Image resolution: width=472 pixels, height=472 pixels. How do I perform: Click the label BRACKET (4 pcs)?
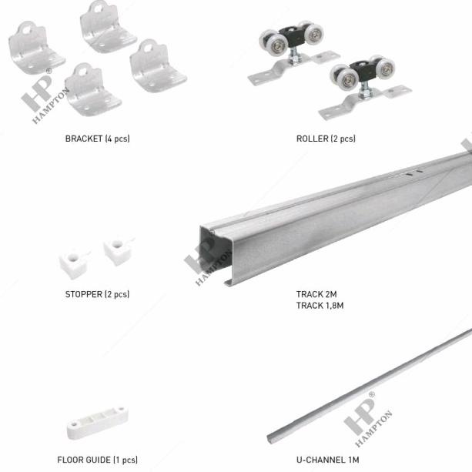97,139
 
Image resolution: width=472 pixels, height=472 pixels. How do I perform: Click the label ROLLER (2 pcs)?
326,139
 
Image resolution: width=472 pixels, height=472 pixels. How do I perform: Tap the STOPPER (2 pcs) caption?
97,294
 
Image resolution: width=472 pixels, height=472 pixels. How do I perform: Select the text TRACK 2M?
316,294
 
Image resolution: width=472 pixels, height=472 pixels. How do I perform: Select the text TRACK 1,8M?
320,306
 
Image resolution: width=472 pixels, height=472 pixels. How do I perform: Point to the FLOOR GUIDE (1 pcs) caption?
97,460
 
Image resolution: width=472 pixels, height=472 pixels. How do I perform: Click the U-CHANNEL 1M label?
327,460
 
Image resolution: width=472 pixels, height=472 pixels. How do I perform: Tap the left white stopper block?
73,263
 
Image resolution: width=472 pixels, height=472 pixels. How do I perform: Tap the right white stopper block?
118,250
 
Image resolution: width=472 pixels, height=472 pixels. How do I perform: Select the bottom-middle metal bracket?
92,90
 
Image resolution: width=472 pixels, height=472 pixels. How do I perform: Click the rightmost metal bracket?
157,67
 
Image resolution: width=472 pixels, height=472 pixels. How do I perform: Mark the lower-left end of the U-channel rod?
272,438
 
